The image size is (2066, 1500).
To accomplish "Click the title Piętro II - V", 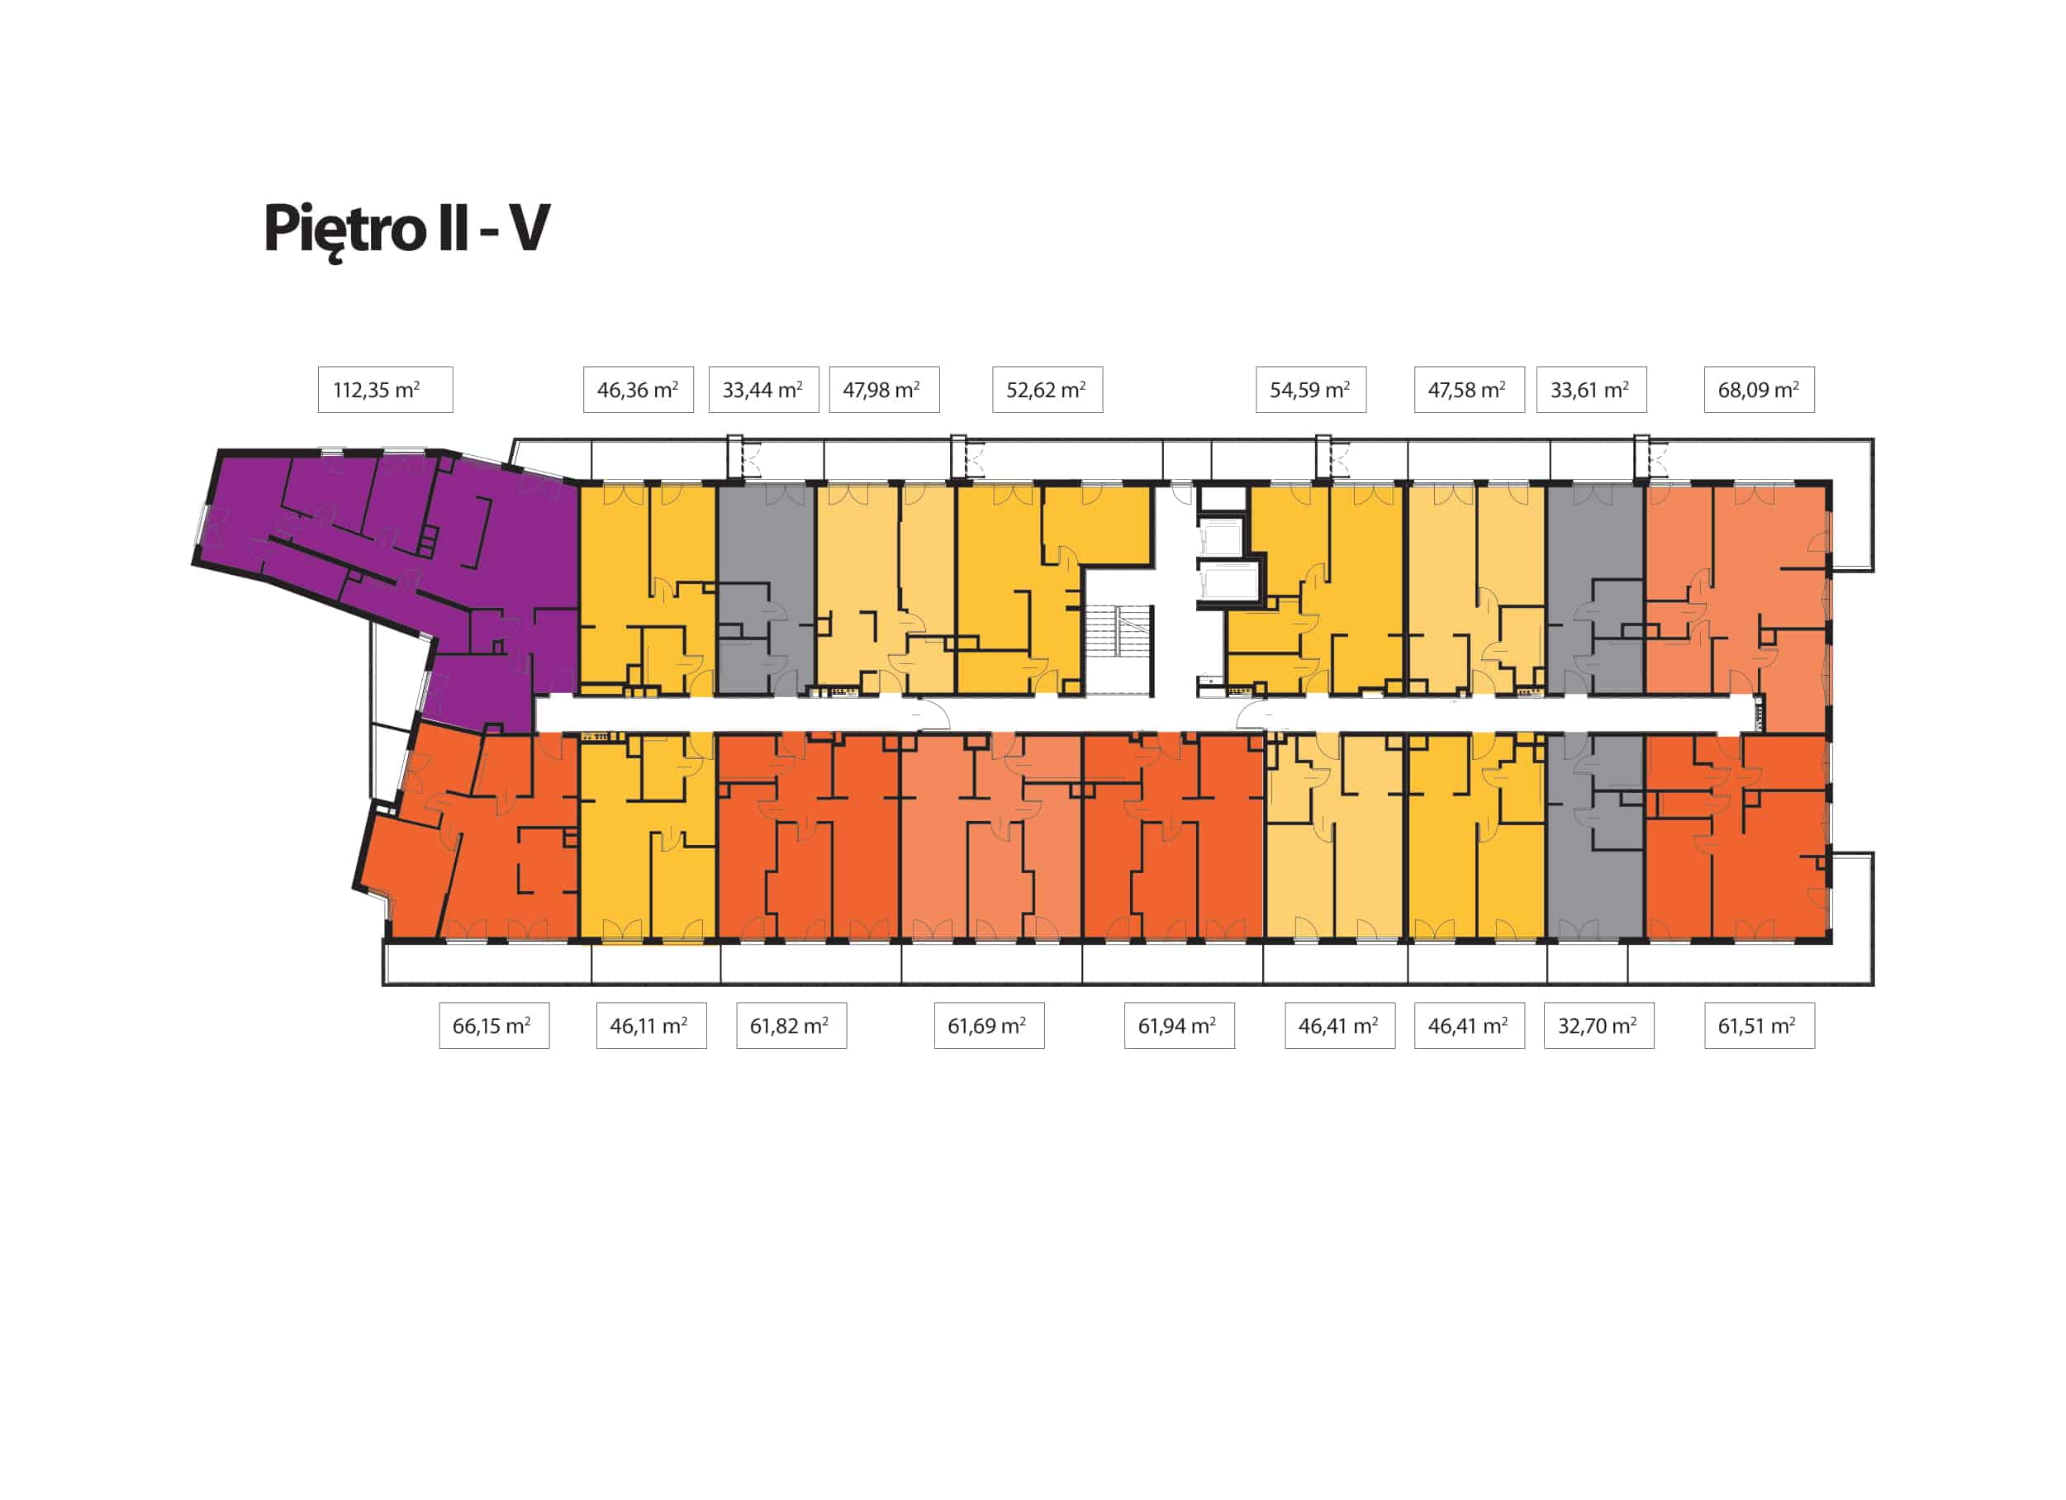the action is click(x=406, y=228).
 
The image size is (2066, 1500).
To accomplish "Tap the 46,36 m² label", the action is click(x=638, y=390).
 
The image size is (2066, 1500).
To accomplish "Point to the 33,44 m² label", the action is click(x=762, y=390).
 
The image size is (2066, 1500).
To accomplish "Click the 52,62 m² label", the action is click(x=1046, y=390).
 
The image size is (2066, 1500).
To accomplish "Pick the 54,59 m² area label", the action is click(x=1310, y=390).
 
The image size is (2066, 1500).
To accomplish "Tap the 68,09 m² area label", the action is click(x=1758, y=390).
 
